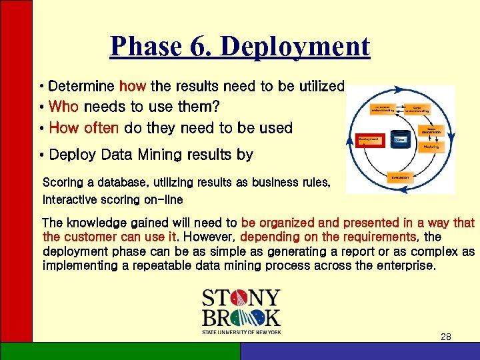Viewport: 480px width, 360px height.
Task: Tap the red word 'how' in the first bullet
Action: point(133,86)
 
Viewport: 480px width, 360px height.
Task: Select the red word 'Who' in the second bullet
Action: point(64,107)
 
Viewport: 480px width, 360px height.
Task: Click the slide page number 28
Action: point(446,337)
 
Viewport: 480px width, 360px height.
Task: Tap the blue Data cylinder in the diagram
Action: point(401,140)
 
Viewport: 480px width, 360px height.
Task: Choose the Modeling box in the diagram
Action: point(431,146)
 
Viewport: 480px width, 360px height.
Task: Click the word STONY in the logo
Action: point(241,297)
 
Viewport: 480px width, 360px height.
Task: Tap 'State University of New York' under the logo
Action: point(241,331)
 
